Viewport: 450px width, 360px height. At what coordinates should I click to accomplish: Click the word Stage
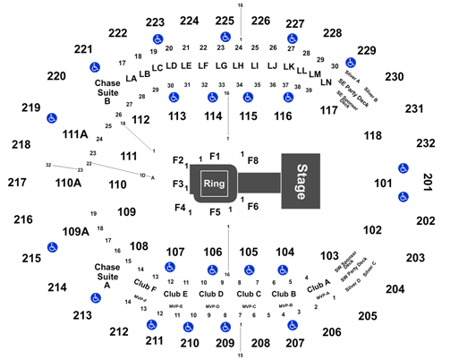(x=301, y=182)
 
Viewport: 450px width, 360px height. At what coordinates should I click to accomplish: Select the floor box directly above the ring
(x=216, y=158)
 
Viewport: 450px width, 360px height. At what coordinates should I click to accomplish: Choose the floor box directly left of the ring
(x=177, y=184)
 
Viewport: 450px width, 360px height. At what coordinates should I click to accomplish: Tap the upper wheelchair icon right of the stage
(x=403, y=168)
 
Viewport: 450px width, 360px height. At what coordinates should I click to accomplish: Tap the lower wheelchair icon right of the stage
(x=403, y=196)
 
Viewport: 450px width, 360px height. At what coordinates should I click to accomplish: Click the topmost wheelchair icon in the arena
(x=225, y=37)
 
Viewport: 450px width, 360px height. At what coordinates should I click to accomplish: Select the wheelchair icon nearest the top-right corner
(x=351, y=63)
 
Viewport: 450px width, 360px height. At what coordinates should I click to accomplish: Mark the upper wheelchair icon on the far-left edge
(x=52, y=117)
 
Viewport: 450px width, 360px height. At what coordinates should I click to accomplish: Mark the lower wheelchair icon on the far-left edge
(x=52, y=246)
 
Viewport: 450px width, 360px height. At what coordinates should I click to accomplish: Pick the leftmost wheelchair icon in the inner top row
(x=174, y=97)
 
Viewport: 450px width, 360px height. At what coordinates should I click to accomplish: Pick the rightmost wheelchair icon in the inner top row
(x=287, y=97)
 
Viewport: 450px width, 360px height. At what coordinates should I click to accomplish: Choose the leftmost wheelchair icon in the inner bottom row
(x=170, y=266)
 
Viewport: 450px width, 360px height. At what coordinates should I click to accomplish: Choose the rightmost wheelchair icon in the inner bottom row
(x=282, y=269)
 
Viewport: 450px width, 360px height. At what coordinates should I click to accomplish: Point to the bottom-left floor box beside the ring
(x=177, y=207)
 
